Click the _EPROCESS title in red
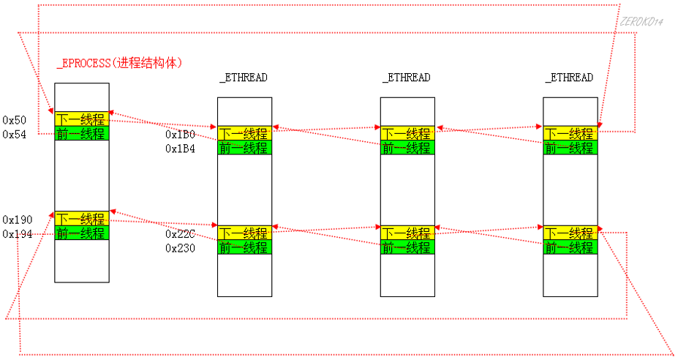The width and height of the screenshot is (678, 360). click(x=119, y=64)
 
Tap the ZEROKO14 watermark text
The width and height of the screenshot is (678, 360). click(x=640, y=23)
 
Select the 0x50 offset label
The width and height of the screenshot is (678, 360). click(x=15, y=120)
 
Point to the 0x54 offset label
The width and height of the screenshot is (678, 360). click(x=15, y=134)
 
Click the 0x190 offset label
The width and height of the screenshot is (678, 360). click(x=17, y=220)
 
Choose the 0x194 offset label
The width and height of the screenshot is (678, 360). click(x=17, y=234)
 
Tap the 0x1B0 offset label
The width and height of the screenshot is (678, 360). click(x=180, y=135)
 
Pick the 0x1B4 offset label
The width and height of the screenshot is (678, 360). click(x=180, y=149)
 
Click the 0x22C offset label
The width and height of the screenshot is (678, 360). click(x=180, y=234)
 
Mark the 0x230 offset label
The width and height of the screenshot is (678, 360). click(x=180, y=248)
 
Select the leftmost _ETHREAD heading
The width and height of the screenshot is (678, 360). click(x=244, y=78)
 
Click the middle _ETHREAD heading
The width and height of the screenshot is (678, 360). click(x=406, y=78)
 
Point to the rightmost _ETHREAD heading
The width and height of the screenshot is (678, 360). click(x=569, y=78)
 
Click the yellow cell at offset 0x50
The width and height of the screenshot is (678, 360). click(x=81, y=119)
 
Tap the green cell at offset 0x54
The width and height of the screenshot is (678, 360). click(x=81, y=133)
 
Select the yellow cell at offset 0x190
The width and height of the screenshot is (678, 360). click(x=81, y=219)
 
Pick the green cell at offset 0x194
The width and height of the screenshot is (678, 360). click(x=81, y=233)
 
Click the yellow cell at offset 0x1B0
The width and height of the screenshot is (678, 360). click(x=244, y=133)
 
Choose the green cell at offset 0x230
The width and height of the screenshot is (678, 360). click(x=244, y=247)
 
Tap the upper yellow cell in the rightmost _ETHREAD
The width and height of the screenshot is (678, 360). click(x=570, y=133)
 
